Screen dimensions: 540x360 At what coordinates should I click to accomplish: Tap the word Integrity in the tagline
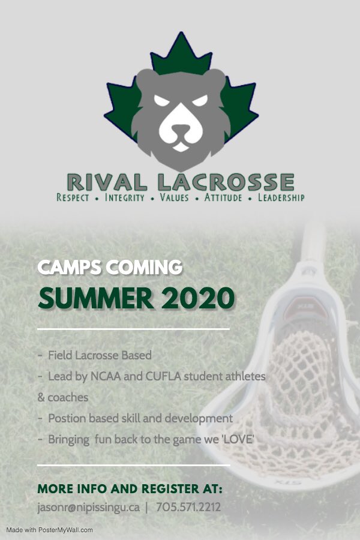click(125, 197)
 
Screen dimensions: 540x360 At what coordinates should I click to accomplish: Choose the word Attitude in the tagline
click(223, 197)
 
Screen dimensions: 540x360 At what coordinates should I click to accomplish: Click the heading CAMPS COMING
click(110, 268)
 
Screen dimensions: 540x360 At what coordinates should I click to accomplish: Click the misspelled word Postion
click(65, 418)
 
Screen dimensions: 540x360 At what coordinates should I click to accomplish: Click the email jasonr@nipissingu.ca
click(88, 507)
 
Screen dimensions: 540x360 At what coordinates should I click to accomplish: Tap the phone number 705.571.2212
click(188, 507)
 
